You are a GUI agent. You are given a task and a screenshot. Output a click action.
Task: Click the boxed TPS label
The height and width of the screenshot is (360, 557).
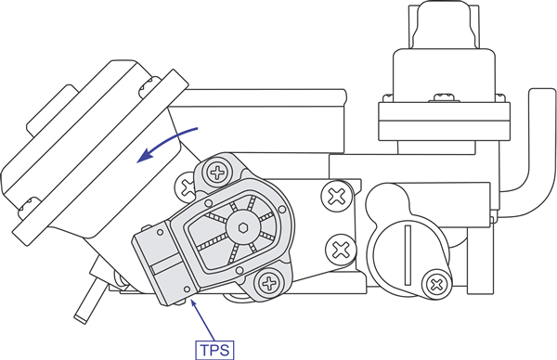215,350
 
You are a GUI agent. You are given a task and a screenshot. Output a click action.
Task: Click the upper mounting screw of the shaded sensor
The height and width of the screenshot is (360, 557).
217,173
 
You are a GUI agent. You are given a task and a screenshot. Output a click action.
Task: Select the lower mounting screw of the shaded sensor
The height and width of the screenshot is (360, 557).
269,283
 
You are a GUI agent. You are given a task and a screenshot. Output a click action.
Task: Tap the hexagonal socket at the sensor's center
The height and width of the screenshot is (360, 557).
243,227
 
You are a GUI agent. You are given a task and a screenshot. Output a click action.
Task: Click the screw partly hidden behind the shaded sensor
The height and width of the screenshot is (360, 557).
186,187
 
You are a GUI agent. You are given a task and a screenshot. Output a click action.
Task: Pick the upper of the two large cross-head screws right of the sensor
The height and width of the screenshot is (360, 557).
336,196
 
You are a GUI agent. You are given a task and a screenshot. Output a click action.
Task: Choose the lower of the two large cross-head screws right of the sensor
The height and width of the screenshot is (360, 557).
342,250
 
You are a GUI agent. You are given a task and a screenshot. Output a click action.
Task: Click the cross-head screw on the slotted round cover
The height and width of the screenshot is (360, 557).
436,284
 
